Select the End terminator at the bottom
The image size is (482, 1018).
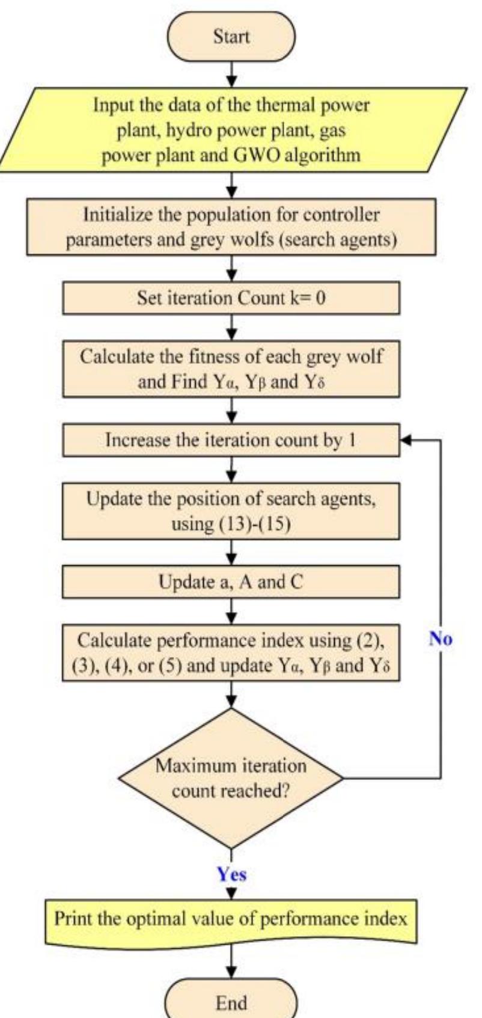[231, 1002]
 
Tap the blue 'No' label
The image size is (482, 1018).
[441, 639]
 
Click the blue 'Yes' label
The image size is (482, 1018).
[232, 874]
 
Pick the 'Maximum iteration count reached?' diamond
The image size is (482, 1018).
[231, 778]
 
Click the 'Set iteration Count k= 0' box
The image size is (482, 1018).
[231, 298]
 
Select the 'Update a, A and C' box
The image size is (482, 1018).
[231, 581]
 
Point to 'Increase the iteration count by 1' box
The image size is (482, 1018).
[231, 440]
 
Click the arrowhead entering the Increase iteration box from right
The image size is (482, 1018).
[405, 440]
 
